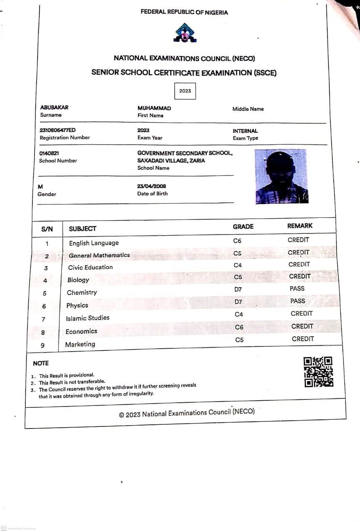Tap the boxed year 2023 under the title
(x=185, y=91)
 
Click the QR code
(x=318, y=372)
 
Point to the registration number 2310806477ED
(x=57, y=130)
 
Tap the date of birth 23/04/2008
(x=151, y=186)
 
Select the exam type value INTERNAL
(x=245, y=131)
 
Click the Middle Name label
(x=248, y=109)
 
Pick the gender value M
(x=40, y=187)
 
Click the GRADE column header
(x=243, y=227)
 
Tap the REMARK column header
(x=300, y=226)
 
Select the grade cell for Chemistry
(x=238, y=289)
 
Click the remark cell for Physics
(x=298, y=301)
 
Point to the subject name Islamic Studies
(x=88, y=318)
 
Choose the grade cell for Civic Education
(x=238, y=265)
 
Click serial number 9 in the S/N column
(x=43, y=345)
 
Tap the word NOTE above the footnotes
(x=41, y=363)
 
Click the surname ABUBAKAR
(x=54, y=107)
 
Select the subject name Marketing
(x=80, y=344)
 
